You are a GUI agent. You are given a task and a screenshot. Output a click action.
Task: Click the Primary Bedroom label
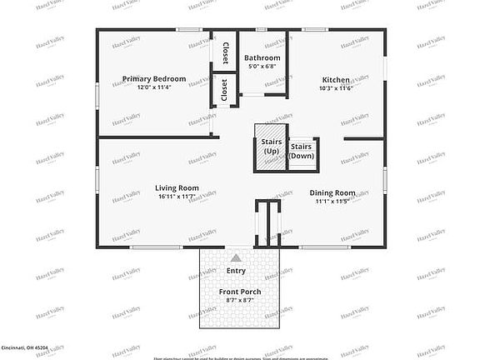(x=154, y=79)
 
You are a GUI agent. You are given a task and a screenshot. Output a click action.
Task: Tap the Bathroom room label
(x=262, y=57)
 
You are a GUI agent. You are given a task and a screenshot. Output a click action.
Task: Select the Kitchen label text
(x=336, y=80)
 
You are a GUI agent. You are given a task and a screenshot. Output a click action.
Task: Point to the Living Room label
(x=177, y=188)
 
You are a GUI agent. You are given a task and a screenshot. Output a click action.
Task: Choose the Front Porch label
(x=240, y=291)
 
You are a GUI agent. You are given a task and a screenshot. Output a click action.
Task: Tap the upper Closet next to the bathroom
(x=225, y=52)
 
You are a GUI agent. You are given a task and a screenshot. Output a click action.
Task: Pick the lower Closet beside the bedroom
(x=224, y=91)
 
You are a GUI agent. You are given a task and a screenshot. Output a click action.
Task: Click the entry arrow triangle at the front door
(x=236, y=258)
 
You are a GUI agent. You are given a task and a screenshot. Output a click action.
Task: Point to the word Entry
(x=237, y=271)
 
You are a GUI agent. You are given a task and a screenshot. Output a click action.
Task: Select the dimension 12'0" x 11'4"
(x=154, y=88)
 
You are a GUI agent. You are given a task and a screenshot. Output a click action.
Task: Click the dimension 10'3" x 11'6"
(x=336, y=89)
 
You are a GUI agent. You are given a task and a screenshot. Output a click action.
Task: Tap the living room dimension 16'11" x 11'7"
(x=177, y=197)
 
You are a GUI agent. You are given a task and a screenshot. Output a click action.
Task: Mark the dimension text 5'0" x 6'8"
(x=262, y=67)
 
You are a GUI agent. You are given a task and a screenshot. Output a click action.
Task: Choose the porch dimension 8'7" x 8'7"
(x=240, y=300)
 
